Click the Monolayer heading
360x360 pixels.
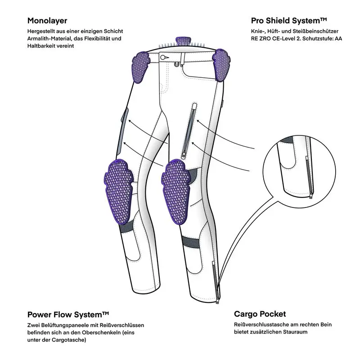click(x=47, y=20)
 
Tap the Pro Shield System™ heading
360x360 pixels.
click(x=288, y=20)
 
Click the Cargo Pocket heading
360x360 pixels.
click(x=260, y=314)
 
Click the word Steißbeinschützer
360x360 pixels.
click(x=312, y=31)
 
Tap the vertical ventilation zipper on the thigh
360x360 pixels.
click(x=188, y=130)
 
